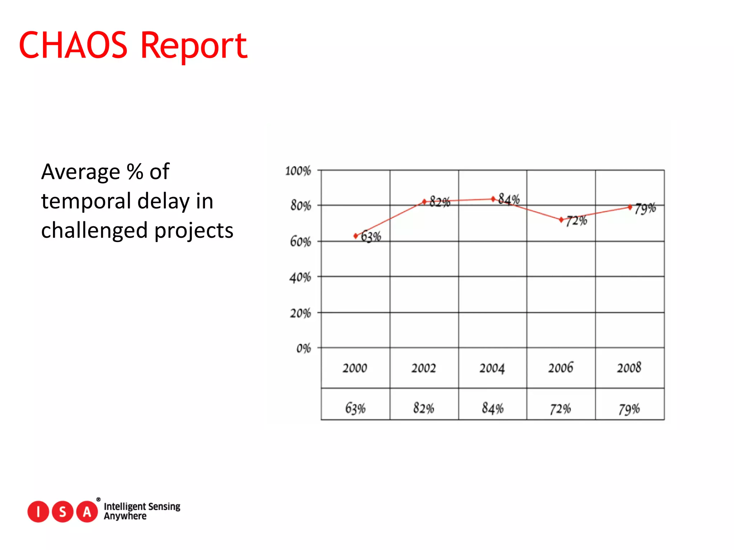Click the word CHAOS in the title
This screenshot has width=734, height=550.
pos(73,45)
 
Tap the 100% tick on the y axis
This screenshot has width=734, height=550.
pos(298,171)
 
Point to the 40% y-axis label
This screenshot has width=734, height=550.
pos(300,278)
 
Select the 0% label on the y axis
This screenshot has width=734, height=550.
pos(303,348)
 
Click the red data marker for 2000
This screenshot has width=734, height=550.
pos(356,236)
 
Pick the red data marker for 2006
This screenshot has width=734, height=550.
pos(561,220)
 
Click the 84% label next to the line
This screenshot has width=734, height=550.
pos(509,199)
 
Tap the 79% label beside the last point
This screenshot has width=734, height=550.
pos(645,208)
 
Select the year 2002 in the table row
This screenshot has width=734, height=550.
pos(424,368)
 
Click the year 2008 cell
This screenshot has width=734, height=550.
pos(629,368)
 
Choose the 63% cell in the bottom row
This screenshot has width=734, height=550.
pos(355,408)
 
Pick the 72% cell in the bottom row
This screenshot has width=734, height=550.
pos(561,409)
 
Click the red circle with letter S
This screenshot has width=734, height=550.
pos(63,512)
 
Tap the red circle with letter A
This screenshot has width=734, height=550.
pos(87,512)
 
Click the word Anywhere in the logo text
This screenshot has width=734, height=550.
pos(125,516)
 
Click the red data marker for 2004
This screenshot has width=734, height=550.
pos(493,199)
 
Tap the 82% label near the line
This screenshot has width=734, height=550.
pos(440,202)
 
